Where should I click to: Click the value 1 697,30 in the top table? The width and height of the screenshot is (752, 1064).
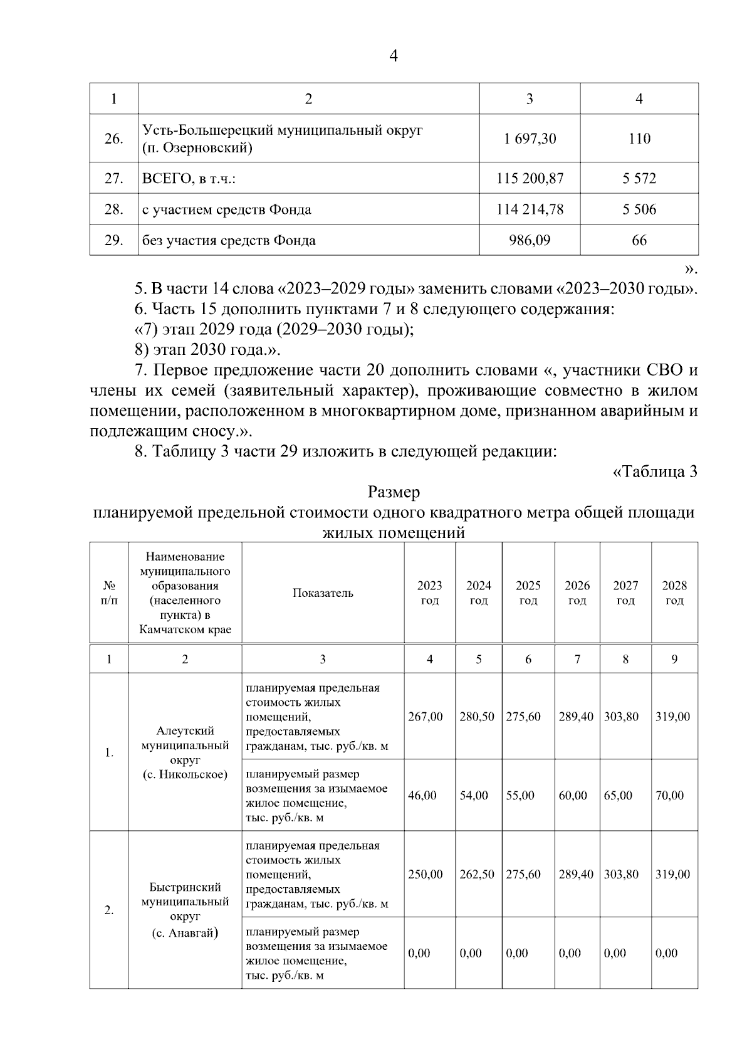(x=530, y=139)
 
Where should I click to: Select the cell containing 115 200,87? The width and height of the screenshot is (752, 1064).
(x=530, y=178)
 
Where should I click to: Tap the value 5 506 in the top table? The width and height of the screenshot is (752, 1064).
(x=639, y=209)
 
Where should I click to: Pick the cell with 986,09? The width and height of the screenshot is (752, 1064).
(x=530, y=240)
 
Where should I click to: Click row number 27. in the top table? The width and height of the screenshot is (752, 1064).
(x=113, y=178)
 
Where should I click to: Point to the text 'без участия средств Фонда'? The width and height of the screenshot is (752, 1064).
(x=229, y=240)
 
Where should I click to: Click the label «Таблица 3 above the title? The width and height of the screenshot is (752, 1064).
(x=654, y=471)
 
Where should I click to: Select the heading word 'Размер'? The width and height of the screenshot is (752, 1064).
(x=394, y=492)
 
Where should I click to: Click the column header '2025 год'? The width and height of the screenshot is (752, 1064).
(x=528, y=593)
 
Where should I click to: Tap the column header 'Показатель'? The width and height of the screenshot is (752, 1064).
(x=323, y=593)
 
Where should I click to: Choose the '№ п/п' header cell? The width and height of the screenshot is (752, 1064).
(x=109, y=593)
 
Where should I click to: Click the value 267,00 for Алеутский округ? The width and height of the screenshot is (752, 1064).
(x=425, y=716)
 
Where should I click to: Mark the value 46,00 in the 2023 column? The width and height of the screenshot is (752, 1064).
(x=422, y=795)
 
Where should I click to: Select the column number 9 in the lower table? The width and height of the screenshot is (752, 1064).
(x=674, y=659)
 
